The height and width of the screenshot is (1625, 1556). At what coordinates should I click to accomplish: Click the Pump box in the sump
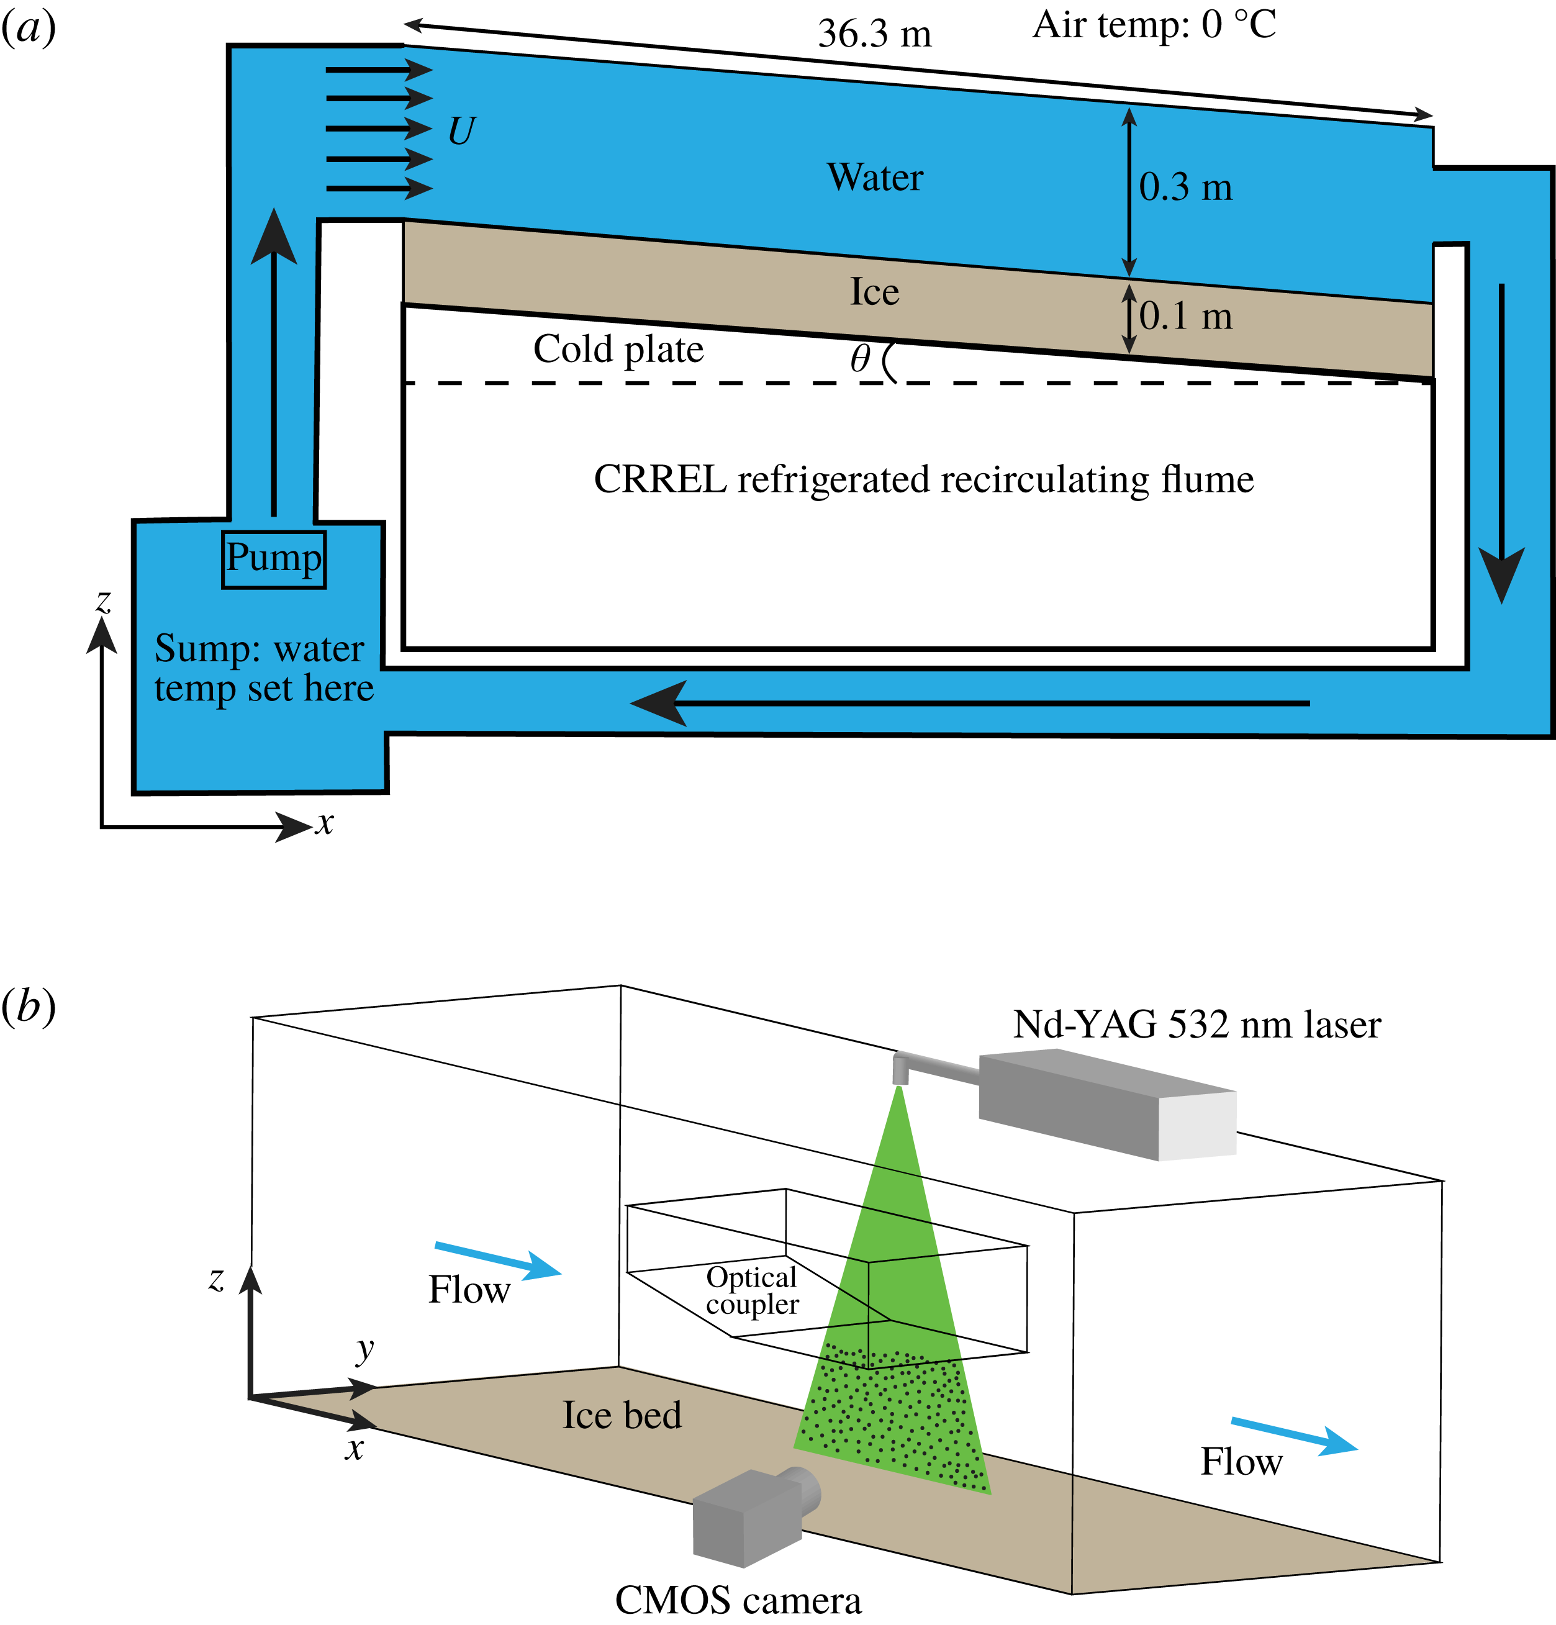pos(274,559)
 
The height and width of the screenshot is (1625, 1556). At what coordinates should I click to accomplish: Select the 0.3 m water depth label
pos(1185,188)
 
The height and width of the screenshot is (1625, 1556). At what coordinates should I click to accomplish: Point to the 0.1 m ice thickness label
pos(1185,317)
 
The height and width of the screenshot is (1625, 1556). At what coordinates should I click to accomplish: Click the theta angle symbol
pos(860,359)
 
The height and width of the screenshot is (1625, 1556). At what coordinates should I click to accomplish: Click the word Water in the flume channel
pos(875,178)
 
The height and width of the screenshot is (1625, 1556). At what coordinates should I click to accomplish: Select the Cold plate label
pos(618,349)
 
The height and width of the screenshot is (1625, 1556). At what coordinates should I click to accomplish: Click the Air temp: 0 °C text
pos(1153,25)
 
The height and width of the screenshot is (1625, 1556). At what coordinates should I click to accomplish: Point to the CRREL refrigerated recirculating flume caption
pos(923,480)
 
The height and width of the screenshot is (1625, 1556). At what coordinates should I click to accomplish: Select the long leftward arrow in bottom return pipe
pos(970,703)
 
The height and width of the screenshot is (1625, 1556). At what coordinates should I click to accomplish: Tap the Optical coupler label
pos(751,1291)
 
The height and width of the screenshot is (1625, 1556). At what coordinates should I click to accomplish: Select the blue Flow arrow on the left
pos(497,1259)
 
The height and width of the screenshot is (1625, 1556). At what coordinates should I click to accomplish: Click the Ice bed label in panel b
pos(622,1415)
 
